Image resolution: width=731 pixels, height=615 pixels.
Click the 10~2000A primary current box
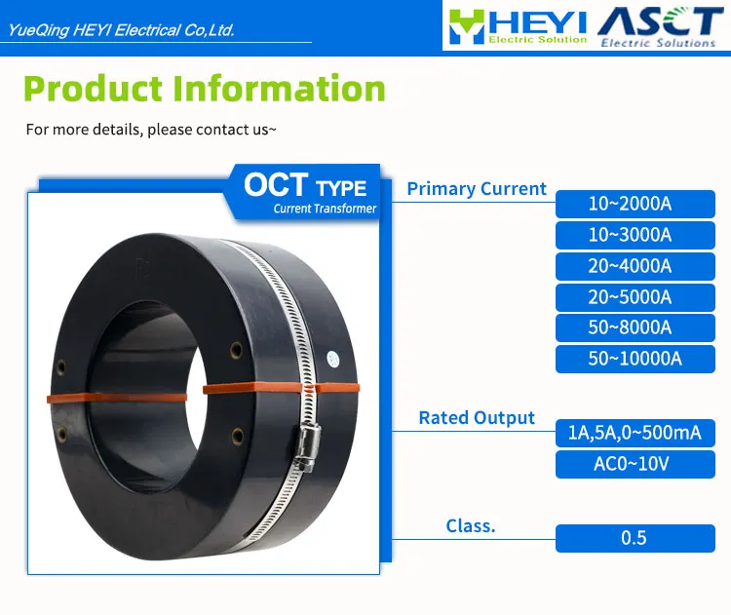pos(635,204)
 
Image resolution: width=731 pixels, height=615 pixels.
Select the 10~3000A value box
pos(635,235)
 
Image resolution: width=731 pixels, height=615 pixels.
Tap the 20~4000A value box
pos(635,266)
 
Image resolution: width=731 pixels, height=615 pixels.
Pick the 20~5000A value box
pos(635,296)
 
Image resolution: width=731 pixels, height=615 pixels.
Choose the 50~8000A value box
pos(635,327)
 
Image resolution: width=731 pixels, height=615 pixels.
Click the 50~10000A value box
pos(635,359)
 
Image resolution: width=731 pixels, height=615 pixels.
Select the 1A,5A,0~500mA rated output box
pos(635,433)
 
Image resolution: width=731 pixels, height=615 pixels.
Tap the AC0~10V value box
pos(635,464)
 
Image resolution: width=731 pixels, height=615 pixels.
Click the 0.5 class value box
pos(635,538)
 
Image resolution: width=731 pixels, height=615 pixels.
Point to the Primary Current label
pos(477,189)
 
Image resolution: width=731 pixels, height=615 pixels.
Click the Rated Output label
pos(477,418)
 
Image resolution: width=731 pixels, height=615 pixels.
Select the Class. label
pos(471,525)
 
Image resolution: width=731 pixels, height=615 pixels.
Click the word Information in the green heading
pos(279,89)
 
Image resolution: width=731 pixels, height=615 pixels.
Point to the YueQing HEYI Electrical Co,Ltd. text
pos(121,30)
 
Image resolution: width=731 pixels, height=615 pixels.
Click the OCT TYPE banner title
pos(305,185)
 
